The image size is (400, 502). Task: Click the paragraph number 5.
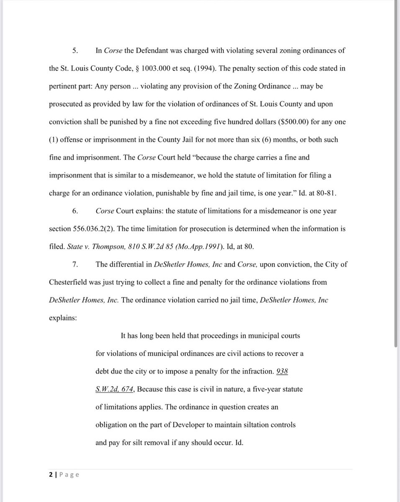[x=75, y=51]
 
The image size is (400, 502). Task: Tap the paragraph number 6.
[x=75, y=211]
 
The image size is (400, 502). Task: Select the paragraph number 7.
[x=75, y=264]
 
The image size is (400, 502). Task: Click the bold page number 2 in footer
[x=51, y=474]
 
